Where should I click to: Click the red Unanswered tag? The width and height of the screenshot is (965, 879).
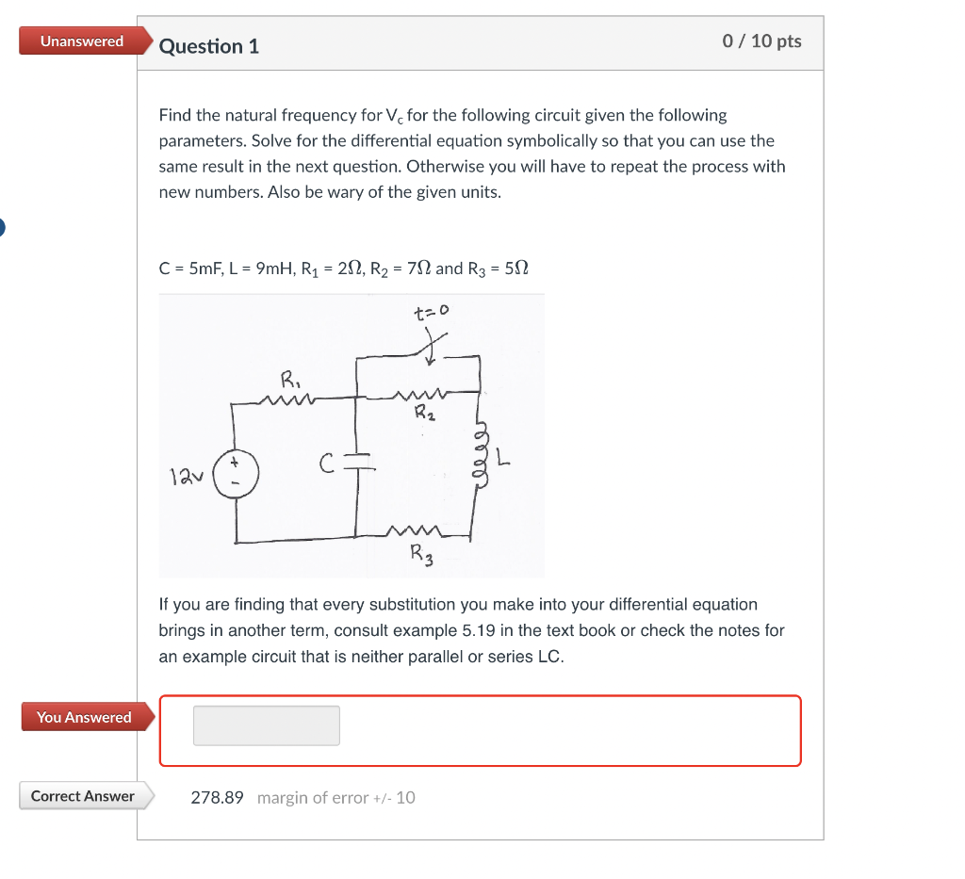tap(82, 41)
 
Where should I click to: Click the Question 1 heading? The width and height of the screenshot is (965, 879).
tap(208, 46)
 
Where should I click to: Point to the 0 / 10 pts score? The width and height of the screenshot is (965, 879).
tap(761, 41)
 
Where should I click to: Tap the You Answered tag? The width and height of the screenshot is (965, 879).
tap(84, 717)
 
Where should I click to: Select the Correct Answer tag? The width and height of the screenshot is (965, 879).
tap(83, 796)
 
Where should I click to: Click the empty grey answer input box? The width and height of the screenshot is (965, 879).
tap(267, 725)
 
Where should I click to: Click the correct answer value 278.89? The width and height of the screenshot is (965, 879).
tap(217, 798)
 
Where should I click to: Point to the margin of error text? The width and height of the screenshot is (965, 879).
tap(335, 798)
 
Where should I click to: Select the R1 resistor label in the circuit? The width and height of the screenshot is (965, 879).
tap(289, 381)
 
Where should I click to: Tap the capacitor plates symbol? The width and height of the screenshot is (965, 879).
tap(357, 461)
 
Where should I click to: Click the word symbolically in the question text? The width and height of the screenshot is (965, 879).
tap(548, 141)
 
